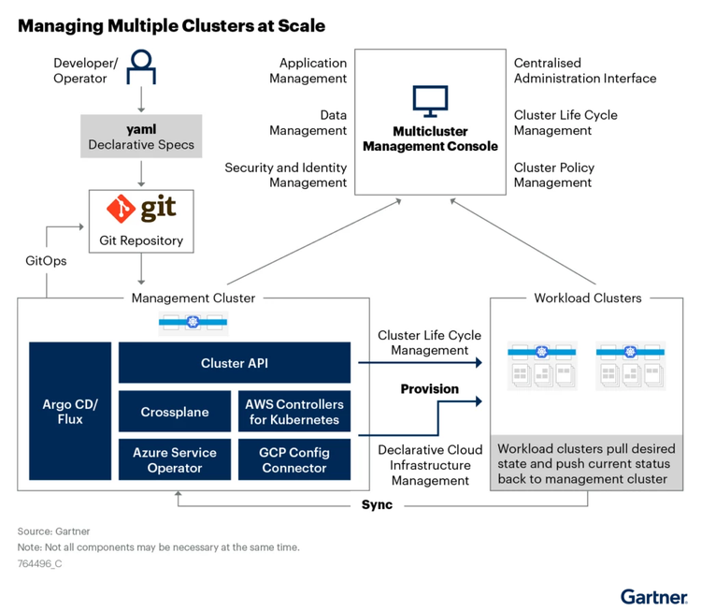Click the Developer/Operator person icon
point(140,65)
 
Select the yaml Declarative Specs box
point(140,135)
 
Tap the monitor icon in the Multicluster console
point(430,98)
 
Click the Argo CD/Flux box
point(70,412)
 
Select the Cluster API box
point(234,363)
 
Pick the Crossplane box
point(175,412)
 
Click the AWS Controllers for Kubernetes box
point(293,412)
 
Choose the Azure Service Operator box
point(175,459)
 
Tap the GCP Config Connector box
point(293,459)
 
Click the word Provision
point(429,388)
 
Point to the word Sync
point(377,505)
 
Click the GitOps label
point(46,261)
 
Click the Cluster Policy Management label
point(553,175)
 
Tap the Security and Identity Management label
point(285,175)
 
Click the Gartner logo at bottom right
point(652,595)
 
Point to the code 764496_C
point(39,564)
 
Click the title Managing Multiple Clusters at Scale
point(171,25)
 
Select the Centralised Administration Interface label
point(584,71)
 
